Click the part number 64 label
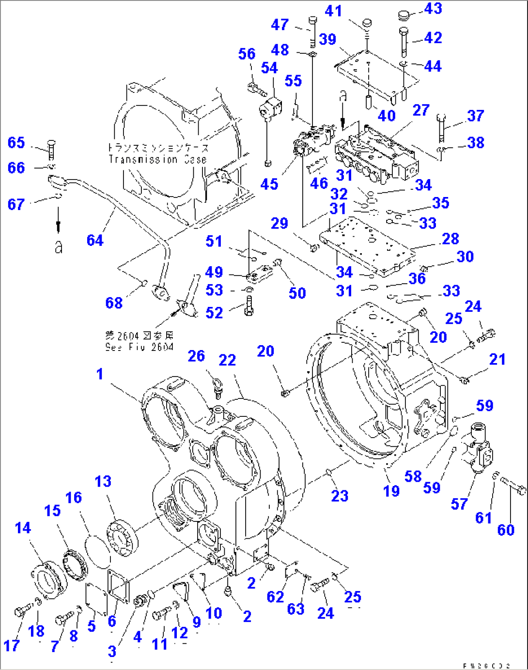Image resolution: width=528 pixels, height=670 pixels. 95,240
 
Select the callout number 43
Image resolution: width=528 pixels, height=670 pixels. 433,9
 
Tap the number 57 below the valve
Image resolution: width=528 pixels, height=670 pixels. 459,504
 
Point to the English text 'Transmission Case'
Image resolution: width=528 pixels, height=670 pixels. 157,159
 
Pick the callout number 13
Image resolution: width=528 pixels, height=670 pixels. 103,481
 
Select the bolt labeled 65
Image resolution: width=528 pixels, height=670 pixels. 52,148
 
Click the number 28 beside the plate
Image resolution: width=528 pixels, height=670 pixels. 450,239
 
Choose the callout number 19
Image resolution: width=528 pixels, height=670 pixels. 391,491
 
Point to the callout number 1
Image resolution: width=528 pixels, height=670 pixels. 99,374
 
